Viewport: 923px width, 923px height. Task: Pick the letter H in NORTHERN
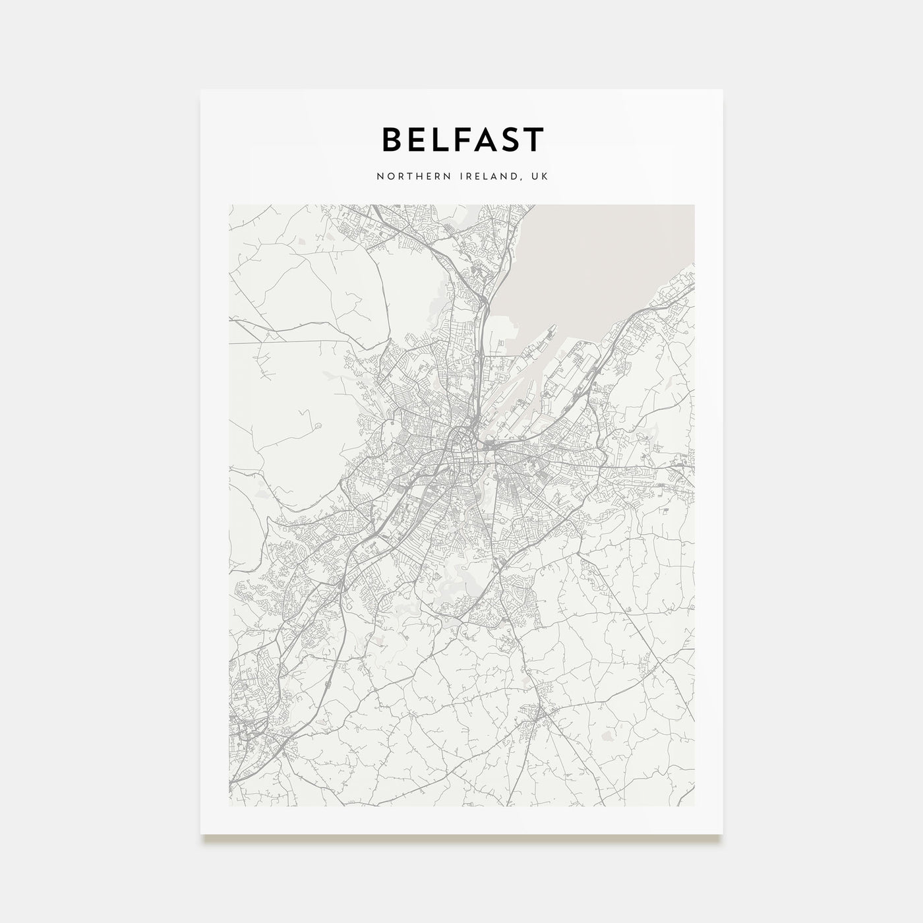409,177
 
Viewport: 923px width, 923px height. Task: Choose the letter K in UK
545,177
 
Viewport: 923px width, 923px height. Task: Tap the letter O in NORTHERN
388,177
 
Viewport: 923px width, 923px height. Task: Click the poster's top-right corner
722,90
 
